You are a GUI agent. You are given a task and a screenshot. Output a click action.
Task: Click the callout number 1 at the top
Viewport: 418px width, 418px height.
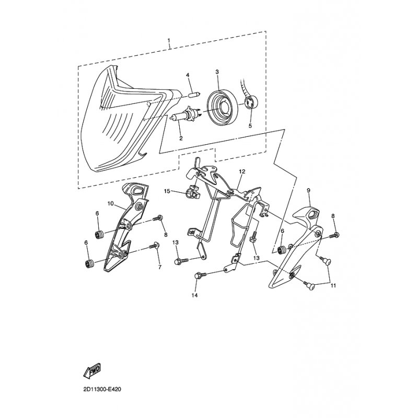click(x=169, y=40)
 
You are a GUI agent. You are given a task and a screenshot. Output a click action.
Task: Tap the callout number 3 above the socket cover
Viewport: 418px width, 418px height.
click(x=217, y=72)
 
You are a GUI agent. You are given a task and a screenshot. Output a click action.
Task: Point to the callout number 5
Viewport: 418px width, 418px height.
click(x=250, y=126)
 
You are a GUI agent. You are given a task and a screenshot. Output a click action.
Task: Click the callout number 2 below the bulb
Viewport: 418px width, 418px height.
click(x=181, y=138)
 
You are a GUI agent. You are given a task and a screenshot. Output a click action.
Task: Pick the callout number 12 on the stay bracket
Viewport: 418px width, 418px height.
click(x=242, y=171)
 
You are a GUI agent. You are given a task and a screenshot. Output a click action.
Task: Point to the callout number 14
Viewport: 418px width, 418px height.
click(x=195, y=296)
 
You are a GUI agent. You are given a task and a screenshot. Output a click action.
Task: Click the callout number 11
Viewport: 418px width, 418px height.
click(x=333, y=286)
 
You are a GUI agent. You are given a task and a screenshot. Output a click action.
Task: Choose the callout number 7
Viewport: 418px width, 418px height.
click(x=160, y=266)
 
